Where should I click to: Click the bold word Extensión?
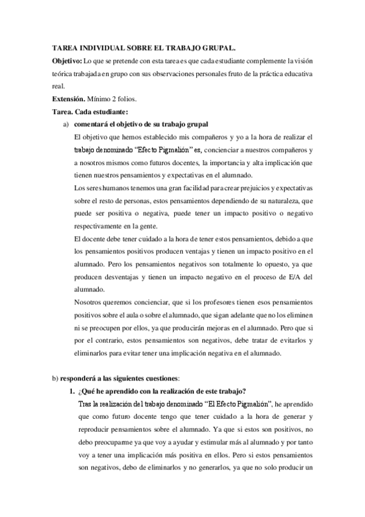(68, 98)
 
